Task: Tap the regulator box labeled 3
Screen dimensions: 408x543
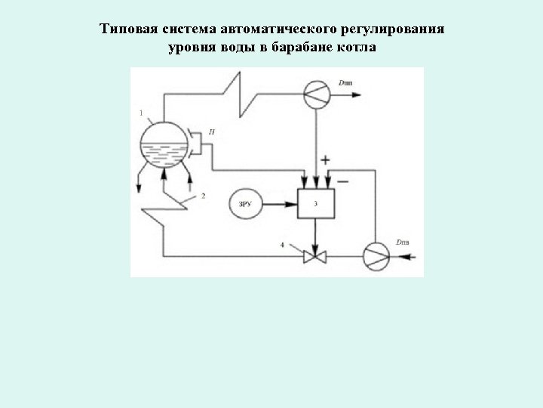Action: (316, 203)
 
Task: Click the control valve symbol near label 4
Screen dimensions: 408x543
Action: (314, 257)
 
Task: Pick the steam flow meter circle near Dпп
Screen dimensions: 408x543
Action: (317, 94)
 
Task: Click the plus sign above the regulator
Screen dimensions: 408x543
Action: (326, 160)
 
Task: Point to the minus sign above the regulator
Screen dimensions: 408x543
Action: (343, 181)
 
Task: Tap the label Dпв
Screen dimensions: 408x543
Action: (403, 242)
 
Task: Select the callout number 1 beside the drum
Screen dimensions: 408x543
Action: (141, 113)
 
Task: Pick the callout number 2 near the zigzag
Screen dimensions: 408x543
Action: (203, 196)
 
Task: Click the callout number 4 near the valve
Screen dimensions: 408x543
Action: (283, 245)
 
